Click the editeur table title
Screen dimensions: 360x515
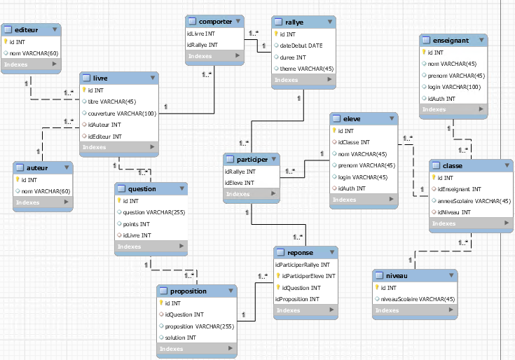pyautogui.click(x=26, y=29)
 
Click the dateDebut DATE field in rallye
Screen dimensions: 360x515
pyautogui.click(x=302, y=45)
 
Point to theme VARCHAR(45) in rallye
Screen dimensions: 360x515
pyautogui.click(x=306, y=68)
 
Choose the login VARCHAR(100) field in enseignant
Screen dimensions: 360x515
pyautogui.click(x=453, y=87)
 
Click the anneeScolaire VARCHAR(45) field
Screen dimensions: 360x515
pyautogui.click(x=473, y=200)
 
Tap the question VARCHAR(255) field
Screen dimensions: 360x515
pyautogui.click(x=149, y=212)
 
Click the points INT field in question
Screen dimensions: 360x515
pyautogui.click(x=137, y=223)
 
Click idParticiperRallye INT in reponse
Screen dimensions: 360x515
pyautogui.click(x=301, y=265)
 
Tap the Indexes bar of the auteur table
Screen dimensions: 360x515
pyautogui.click(x=43, y=202)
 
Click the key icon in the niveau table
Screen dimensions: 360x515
pyautogui.click(x=378, y=288)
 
